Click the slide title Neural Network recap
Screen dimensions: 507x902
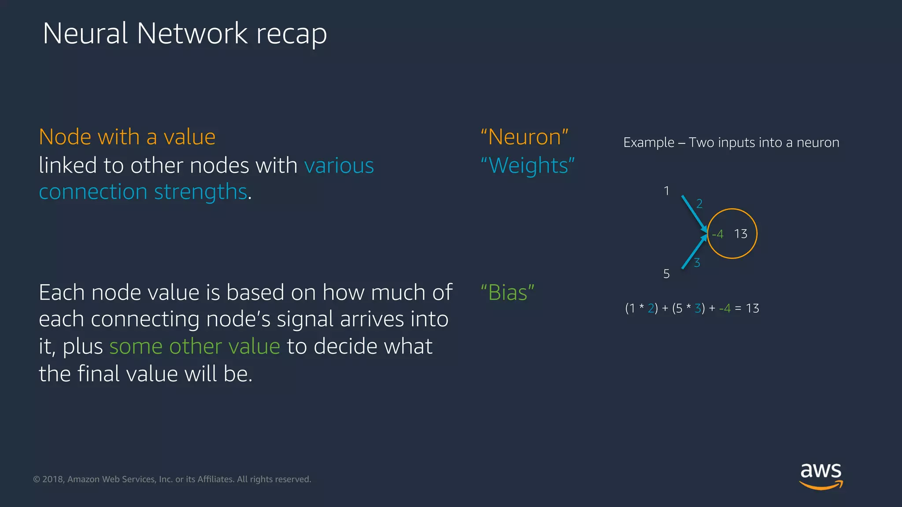[185, 33]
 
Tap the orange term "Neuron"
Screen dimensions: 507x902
[524, 137]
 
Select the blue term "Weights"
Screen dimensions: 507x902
[527, 166]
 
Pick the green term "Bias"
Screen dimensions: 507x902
[507, 293]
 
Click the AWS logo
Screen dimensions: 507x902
[821, 475]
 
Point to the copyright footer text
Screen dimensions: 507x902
[172, 479]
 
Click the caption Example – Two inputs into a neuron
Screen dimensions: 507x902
[731, 143]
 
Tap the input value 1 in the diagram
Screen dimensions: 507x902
[666, 191]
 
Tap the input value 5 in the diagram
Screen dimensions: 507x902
[666, 274]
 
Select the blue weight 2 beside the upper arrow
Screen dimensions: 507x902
[699, 204]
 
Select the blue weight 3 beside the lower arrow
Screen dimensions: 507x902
[697, 263]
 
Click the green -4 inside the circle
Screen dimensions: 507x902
[718, 234]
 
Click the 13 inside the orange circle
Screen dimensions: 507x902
[741, 234]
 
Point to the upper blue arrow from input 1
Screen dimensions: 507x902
[693, 212]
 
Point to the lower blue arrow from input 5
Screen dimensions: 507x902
[693, 253]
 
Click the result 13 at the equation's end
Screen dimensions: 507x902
[752, 309]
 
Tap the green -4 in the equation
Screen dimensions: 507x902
[725, 309]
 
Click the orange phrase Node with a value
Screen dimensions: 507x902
[127, 137]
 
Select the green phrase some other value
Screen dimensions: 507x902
[195, 346]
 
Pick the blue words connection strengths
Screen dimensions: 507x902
[143, 192]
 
